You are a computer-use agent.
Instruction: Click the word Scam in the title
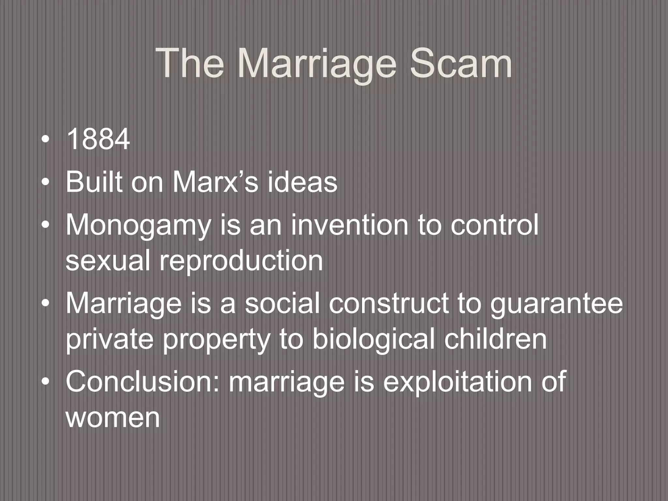coord(461,64)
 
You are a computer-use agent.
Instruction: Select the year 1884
coord(98,140)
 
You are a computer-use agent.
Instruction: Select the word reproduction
coord(241,261)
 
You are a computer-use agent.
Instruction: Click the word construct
coord(388,303)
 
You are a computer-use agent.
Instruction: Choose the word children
coord(495,339)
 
